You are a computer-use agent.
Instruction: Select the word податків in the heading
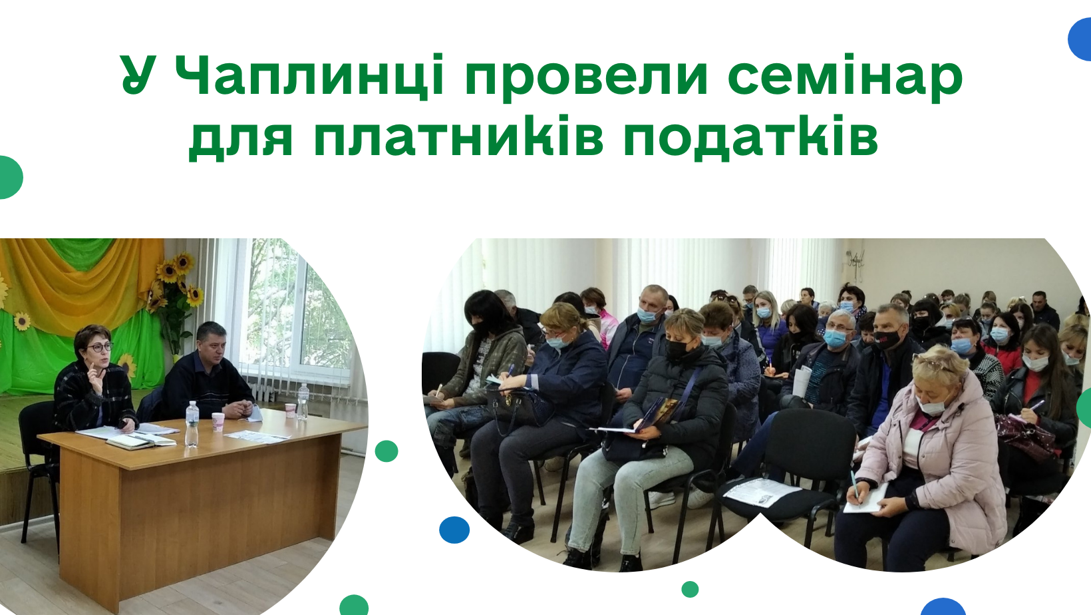(750, 136)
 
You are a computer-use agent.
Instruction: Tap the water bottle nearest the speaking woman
(192, 423)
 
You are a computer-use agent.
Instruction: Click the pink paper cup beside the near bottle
(218, 422)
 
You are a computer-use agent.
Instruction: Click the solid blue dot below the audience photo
(454, 530)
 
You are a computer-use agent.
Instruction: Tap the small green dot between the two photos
(387, 451)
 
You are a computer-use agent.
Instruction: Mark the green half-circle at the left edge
(11, 178)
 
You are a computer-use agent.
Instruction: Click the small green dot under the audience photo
(690, 589)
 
